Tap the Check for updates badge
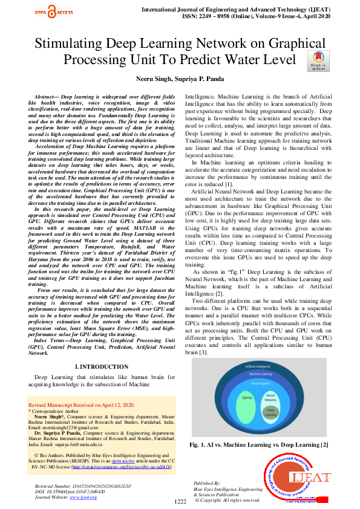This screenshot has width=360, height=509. (x=318, y=60)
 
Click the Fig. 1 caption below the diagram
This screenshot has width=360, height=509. (x=259, y=446)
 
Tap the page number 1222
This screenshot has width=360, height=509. (x=180, y=502)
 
